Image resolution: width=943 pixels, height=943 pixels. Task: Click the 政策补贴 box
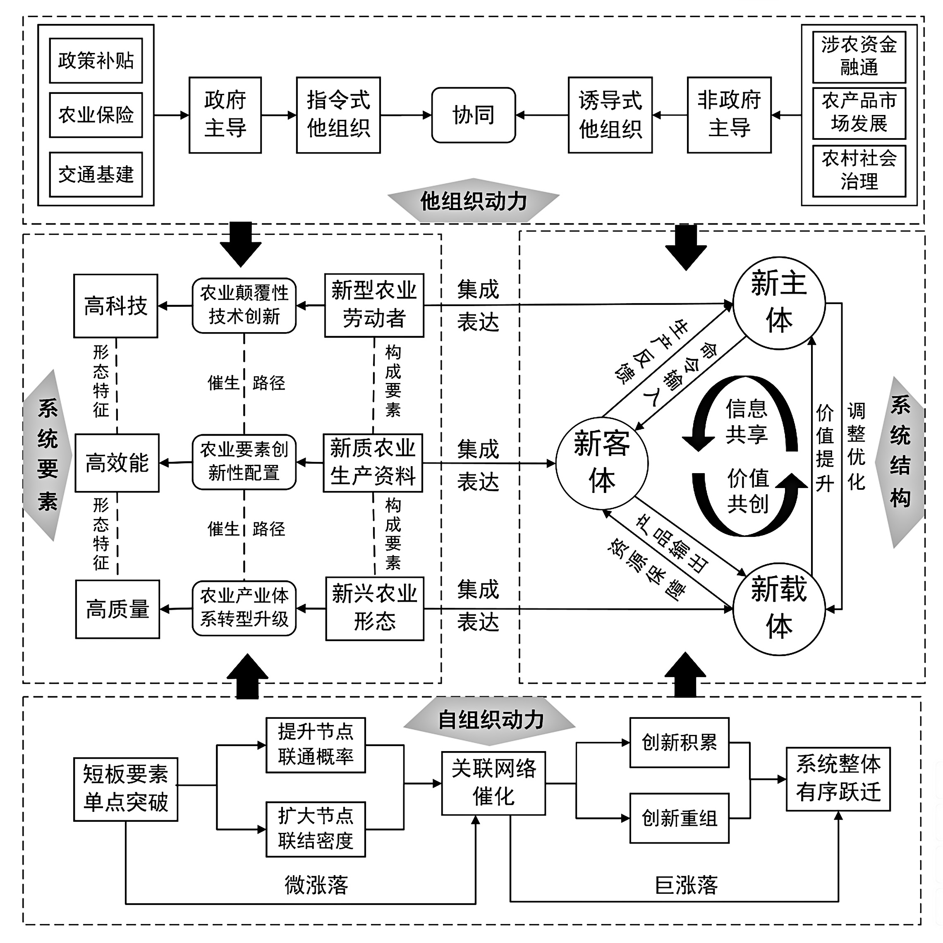(96, 60)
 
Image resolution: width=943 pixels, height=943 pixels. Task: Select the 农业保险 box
(96, 115)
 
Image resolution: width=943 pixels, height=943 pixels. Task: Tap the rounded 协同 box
(473, 115)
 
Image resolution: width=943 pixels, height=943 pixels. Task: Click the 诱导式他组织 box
(610, 115)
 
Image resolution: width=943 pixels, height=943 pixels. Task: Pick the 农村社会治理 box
(859, 171)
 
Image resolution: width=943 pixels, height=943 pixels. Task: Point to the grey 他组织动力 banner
(473, 201)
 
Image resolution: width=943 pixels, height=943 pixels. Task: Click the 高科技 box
(116, 306)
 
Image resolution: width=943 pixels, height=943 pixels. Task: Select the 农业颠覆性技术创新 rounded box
(244, 306)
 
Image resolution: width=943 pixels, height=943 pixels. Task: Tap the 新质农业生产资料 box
(373, 462)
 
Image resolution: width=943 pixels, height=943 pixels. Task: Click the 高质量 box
(117, 609)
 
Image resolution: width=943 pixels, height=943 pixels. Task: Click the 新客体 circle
(602, 463)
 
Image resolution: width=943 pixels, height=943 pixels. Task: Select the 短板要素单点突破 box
(125, 789)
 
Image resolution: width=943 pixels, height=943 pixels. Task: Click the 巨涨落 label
(686, 885)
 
